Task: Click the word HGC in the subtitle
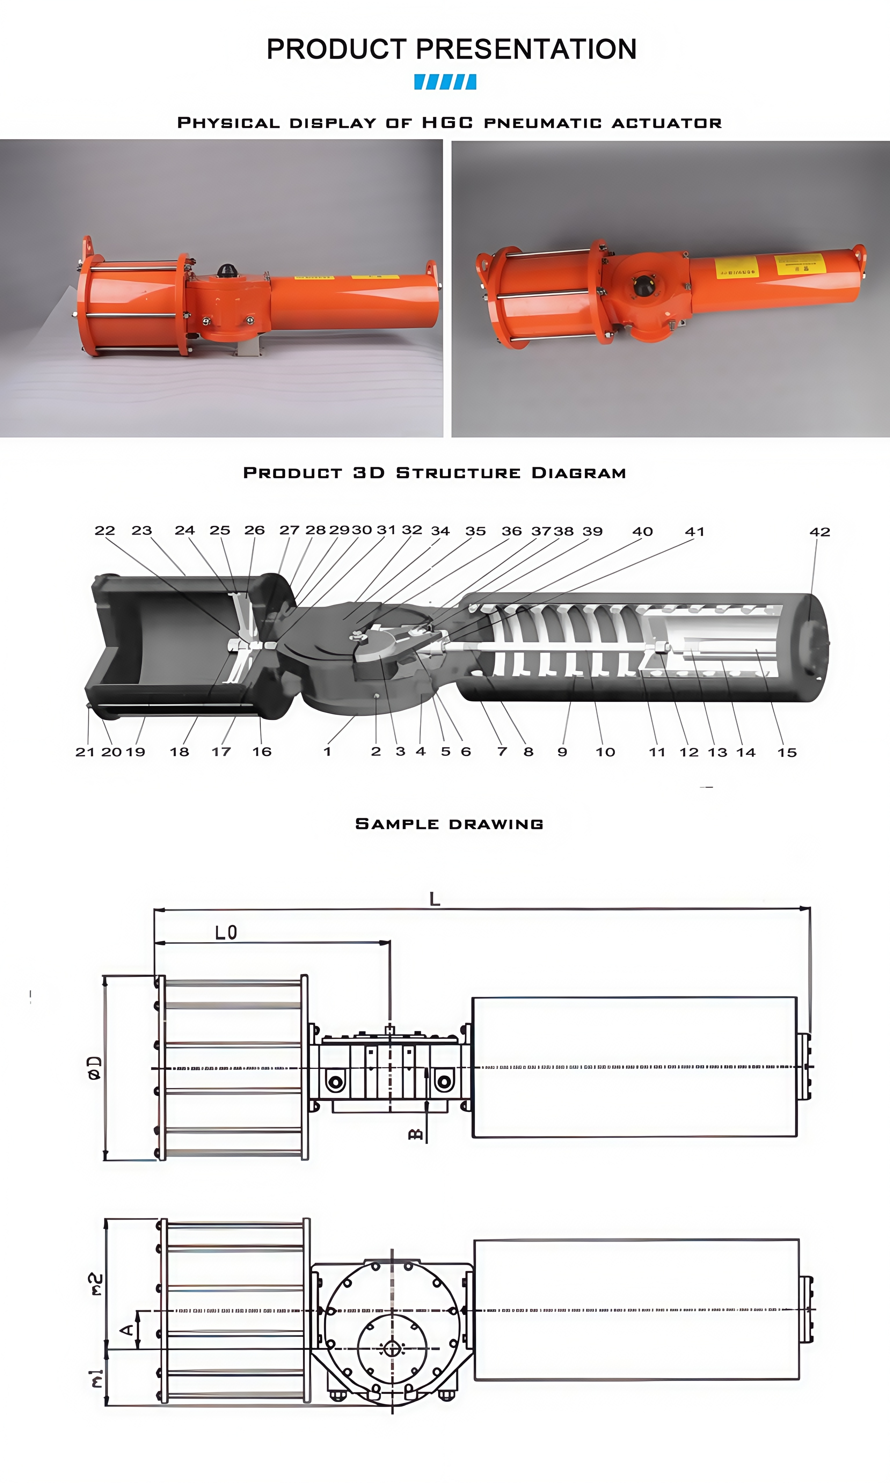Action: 447,123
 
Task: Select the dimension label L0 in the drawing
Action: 226,933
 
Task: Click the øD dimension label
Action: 95,1068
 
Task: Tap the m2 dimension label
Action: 96,1285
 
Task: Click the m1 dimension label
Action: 96,1378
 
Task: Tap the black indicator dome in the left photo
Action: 226,270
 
